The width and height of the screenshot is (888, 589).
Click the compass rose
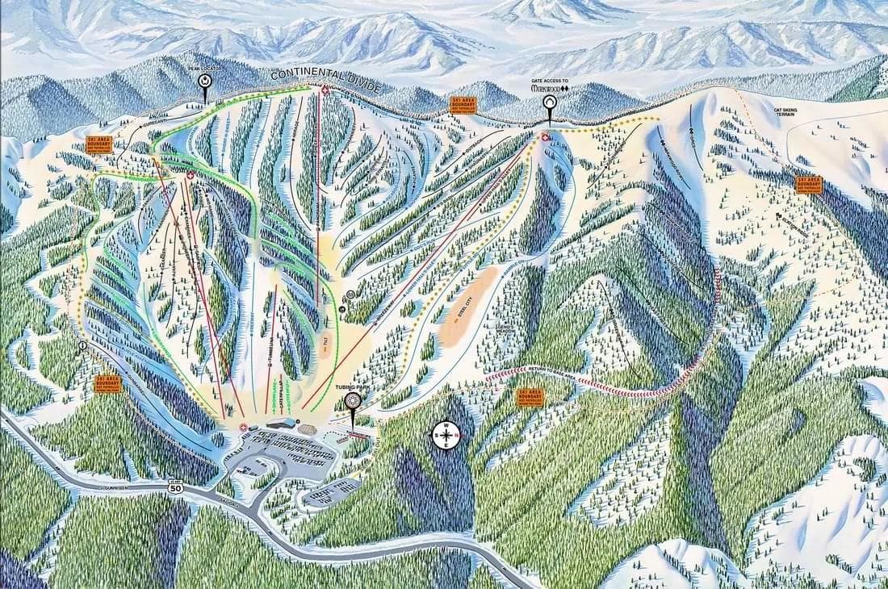446,435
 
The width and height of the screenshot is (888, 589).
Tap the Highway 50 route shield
175,487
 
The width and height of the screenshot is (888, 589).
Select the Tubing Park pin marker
352,403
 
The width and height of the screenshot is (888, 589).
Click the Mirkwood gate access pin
550,104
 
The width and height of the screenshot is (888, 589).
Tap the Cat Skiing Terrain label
790,115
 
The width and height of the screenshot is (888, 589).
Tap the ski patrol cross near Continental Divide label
325,90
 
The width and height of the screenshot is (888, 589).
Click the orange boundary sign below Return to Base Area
530,397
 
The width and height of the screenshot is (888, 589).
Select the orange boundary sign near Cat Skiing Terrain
808,184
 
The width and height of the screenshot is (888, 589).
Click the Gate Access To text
550,81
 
